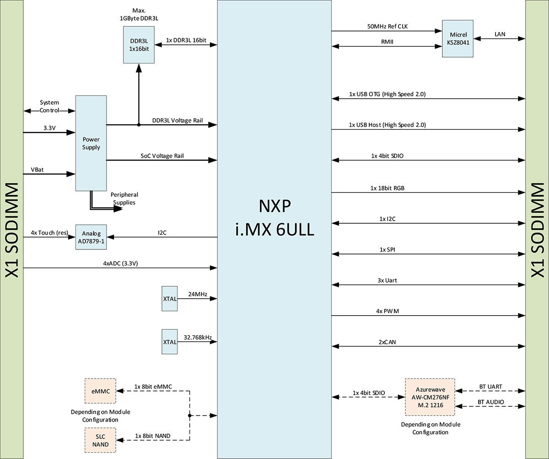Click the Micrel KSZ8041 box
point(457,38)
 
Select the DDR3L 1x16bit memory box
point(139,44)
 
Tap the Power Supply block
point(91,143)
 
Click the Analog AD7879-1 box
point(91,237)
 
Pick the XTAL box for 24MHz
point(169,299)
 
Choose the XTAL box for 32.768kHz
point(169,341)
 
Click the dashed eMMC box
point(100,391)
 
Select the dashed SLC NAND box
point(100,440)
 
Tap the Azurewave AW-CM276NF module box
point(430,397)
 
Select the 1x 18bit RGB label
point(387,188)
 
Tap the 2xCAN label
point(387,341)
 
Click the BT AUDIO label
point(490,402)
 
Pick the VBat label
point(38,169)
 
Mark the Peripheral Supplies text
point(124,198)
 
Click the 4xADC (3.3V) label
point(120,263)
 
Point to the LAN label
point(500,34)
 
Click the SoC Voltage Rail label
point(162,155)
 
